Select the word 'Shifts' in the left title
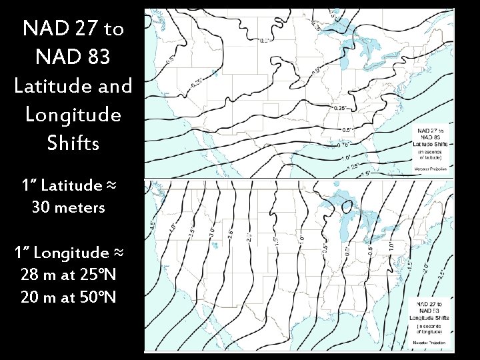coord(73,143)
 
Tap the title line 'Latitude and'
coord(73,86)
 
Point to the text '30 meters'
coord(69,207)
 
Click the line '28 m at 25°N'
coord(69,274)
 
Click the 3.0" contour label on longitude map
coord(212,233)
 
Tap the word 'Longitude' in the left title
coord(73,114)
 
